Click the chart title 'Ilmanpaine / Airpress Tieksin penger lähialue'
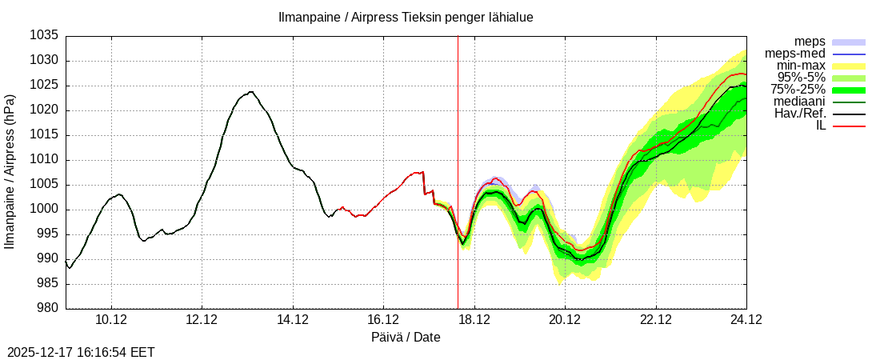[x=406, y=17]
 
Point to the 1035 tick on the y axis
[x=46, y=36]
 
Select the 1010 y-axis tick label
[x=46, y=160]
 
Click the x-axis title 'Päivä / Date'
[x=406, y=338]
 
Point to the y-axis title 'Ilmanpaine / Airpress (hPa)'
[x=10, y=172]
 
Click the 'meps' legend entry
[x=810, y=42]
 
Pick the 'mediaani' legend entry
[x=800, y=102]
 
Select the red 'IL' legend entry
[x=820, y=126]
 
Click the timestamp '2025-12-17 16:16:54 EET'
[x=81, y=352]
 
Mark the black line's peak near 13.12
[x=251, y=91]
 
